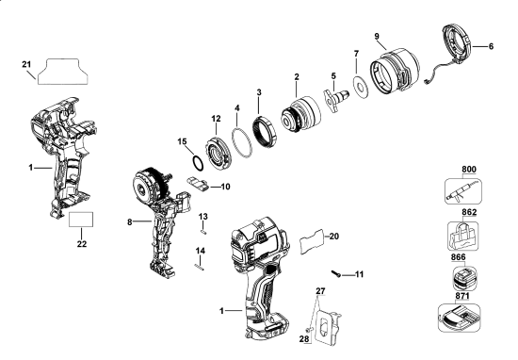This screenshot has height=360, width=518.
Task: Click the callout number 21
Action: [x=26, y=64]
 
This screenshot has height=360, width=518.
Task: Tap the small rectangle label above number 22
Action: [x=81, y=220]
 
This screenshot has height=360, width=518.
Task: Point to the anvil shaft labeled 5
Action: [x=336, y=99]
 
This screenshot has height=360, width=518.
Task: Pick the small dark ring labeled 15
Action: [x=197, y=163]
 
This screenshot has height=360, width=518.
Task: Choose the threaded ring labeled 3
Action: [x=264, y=132]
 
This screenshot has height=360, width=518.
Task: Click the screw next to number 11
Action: [x=335, y=273]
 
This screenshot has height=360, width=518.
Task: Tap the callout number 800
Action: [x=469, y=170]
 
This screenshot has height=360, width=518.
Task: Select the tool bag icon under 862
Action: [x=462, y=236]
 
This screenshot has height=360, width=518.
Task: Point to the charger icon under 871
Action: [x=459, y=317]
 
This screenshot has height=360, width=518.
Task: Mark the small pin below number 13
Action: [x=203, y=232]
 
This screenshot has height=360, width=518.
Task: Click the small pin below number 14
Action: [x=199, y=267]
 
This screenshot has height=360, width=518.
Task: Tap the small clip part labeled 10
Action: [x=198, y=183]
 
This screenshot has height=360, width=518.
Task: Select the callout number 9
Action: [x=377, y=37]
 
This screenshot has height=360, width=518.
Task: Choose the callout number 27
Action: [x=320, y=291]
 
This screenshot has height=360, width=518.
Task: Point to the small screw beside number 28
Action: [x=309, y=330]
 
